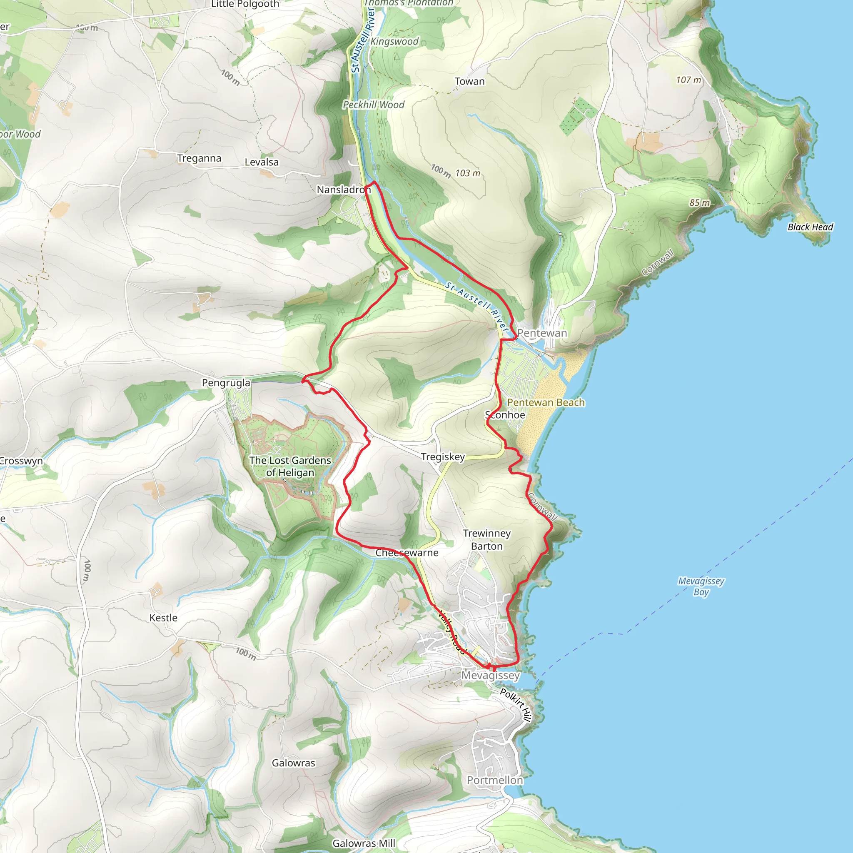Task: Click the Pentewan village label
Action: [x=542, y=333]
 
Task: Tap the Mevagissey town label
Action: [x=491, y=675]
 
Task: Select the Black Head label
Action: [x=810, y=227]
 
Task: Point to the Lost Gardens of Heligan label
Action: [x=290, y=466]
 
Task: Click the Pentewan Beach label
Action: [x=546, y=402]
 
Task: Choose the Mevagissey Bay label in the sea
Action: [x=701, y=586]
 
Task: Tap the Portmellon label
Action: [x=495, y=780]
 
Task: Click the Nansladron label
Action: [x=344, y=190]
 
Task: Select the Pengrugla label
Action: [x=226, y=382]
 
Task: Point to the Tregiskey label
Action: [x=443, y=456]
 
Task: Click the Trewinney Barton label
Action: [x=486, y=539]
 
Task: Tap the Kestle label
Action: [x=163, y=618]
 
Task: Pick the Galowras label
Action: [x=293, y=763]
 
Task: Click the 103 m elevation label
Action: [x=468, y=173]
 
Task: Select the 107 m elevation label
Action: [x=688, y=80]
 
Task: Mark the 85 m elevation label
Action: [x=699, y=203]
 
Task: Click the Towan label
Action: [x=469, y=81]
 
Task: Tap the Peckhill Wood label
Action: [x=374, y=105]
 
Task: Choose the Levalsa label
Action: [x=262, y=162]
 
